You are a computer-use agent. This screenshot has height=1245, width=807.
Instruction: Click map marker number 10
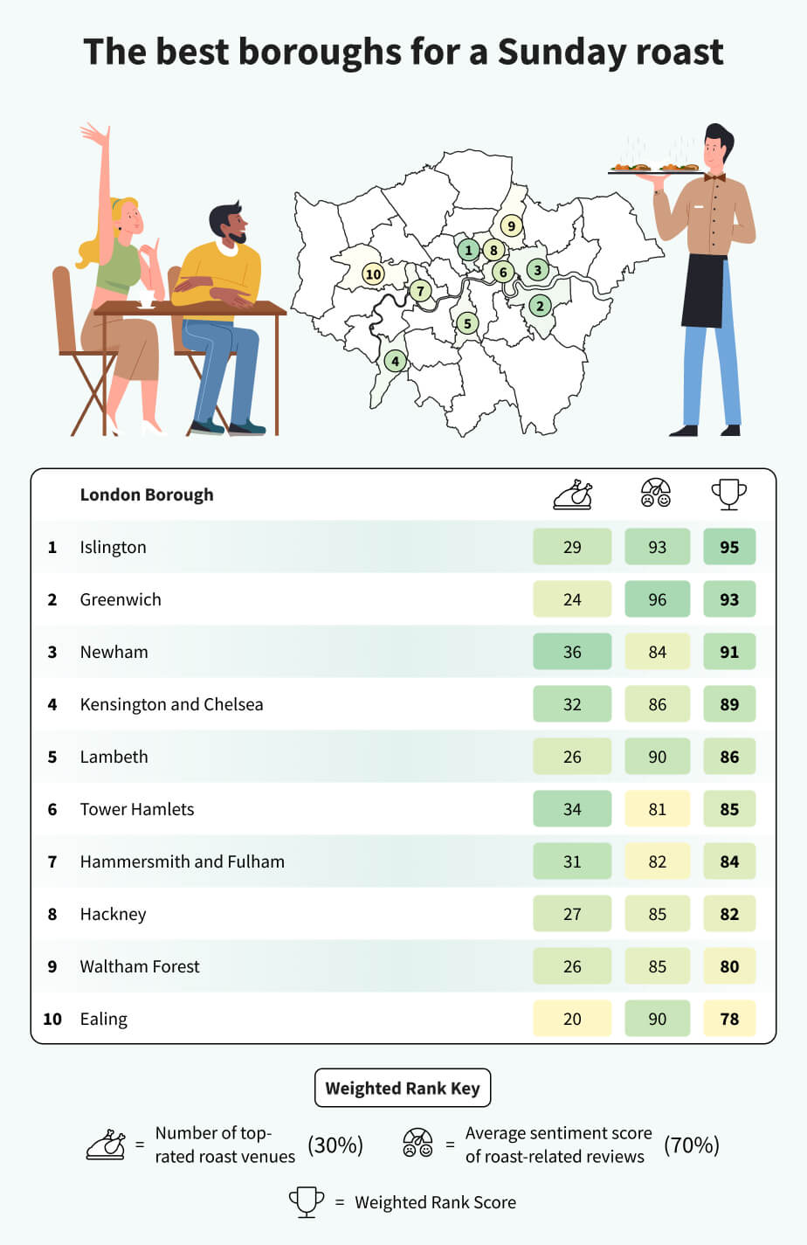(x=373, y=274)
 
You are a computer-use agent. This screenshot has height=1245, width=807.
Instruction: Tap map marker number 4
(x=396, y=361)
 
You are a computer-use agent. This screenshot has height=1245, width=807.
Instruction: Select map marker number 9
(x=512, y=226)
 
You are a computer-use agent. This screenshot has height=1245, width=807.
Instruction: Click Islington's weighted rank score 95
(x=729, y=547)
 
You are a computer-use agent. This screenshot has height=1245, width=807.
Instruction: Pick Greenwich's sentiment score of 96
(x=657, y=599)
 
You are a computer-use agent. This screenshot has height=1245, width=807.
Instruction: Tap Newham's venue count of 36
(x=572, y=652)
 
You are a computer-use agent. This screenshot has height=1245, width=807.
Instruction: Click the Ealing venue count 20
(x=572, y=1019)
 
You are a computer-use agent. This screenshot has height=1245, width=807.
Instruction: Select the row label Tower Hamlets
(x=137, y=809)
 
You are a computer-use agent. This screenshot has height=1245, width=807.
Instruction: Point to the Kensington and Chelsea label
(x=171, y=704)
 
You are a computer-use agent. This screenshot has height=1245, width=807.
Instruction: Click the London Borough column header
(x=147, y=495)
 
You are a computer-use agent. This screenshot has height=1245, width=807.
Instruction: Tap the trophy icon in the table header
(x=729, y=494)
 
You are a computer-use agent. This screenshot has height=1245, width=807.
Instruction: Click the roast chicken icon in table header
(x=573, y=495)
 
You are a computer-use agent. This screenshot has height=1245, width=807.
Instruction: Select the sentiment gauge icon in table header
(x=656, y=494)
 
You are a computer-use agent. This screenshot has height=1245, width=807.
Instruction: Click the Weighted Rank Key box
(x=403, y=1088)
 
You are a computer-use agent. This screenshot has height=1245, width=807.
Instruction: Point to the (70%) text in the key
(x=692, y=1145)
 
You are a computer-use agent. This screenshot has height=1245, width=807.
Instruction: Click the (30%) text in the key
(x=335, y=1145)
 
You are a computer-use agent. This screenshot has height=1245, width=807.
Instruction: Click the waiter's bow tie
(x=714, y=177)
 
